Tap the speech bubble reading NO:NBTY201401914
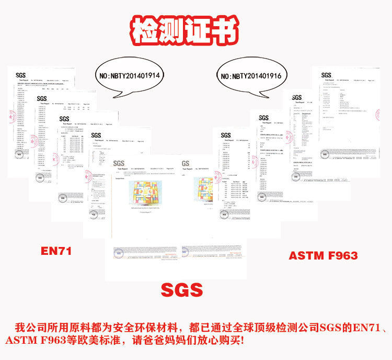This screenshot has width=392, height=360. tap(130, 76)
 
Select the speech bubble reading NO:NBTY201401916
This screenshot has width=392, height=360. tap(251, 76)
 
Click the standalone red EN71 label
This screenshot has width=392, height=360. tap(56, 251)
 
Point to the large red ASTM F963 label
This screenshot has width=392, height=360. tap(323, 255)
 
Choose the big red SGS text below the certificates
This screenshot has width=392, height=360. tap(181, 289)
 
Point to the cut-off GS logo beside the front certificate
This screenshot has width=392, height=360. tap(186, 163)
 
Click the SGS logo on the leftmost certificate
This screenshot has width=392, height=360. tap(20, 75)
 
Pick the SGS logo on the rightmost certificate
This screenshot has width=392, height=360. tap(326, 75)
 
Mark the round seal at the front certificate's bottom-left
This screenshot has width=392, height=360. tap(120, 252)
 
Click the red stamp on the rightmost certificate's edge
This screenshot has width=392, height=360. tap(377, 113)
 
